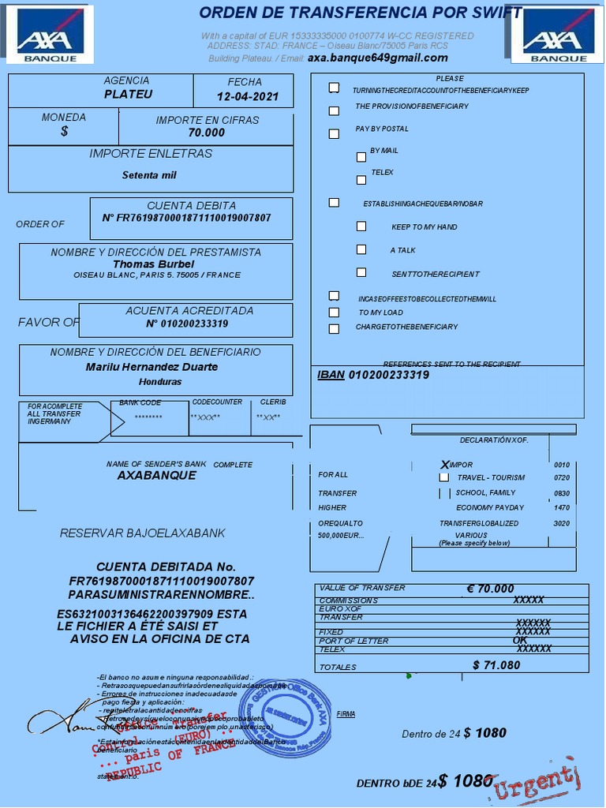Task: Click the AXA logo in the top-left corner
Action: coord(49,35)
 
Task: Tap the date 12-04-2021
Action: coord(248,97)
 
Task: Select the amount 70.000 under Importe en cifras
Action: coord(207,133)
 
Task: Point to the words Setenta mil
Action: coord(149,175)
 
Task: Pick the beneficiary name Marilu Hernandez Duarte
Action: coord(151,367)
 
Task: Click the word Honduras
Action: coord(160,382)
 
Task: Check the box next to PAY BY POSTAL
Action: coord(334,134)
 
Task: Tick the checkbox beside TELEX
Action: coord(361,180)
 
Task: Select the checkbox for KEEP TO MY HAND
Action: coord(361,226)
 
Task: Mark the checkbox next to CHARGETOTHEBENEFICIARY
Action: coord(334,328)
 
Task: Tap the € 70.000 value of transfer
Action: coord(490,589)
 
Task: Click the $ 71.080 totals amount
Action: coord(496,665)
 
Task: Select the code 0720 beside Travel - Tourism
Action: coord(562,478)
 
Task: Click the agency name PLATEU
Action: coord(128,94)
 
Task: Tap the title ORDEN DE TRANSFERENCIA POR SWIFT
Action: coord(360,13)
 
